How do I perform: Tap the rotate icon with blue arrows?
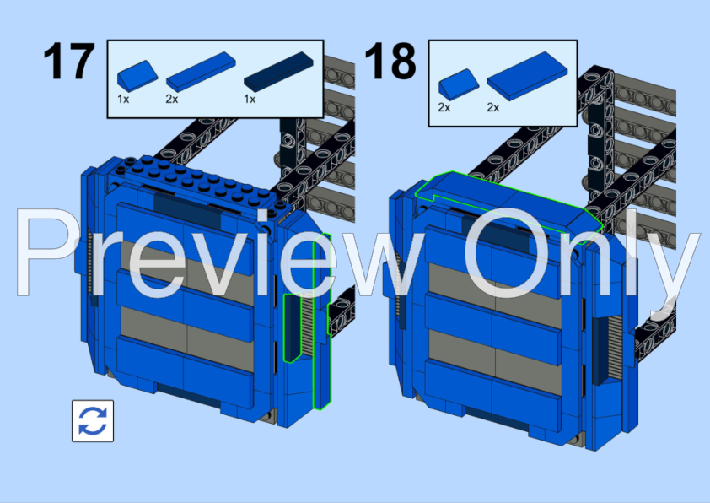pyautogui.click(x=93, y=421)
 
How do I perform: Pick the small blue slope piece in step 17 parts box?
pyautogui.click(x=137, y=76)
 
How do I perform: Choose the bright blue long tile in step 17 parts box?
pyautogui.click(x=201, y=71)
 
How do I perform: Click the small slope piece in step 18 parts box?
pyautogui.click(x=459, y=84)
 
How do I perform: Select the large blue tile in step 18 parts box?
pyautogui.click(x=527, y=75)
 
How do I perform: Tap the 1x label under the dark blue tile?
pyautogui.click(x=250, y=99)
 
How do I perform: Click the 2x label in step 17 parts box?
pyautogui.click(x=172, y=99)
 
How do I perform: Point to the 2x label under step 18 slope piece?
pyautogui.click(x=444, y=107)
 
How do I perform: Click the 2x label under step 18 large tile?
pyautogui.click(x=493, y=107)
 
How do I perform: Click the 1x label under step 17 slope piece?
pyautogui.click(x=123, y=99)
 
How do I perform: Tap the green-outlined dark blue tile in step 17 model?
pyautogui.click(x=293, y=327)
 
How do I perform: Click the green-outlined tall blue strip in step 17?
pyautogui.click(x=322, y=322)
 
